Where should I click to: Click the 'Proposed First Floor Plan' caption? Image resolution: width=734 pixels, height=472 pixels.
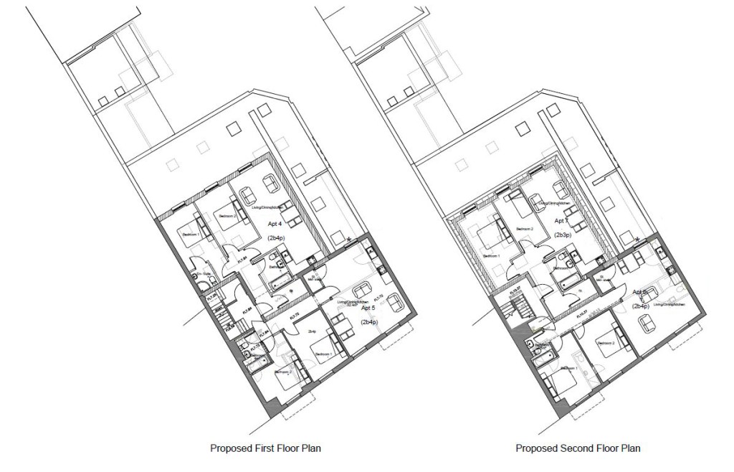pos(265,449)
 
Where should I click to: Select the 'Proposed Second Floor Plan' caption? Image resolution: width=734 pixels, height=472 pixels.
pos(578,449)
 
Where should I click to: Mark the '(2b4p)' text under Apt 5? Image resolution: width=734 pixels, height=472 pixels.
pos(370,323)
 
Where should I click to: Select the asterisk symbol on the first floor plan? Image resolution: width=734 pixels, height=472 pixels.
pos(349,240)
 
